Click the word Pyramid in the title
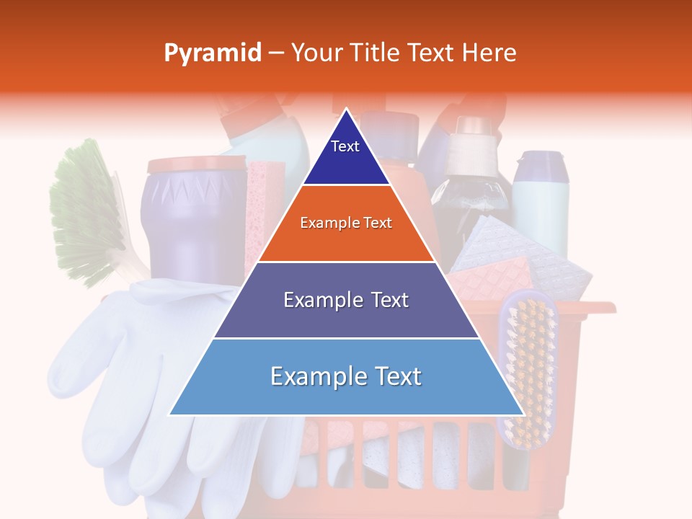[x=213, y=53]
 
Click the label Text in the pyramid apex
[x=345, y=146]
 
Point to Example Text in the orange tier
[x=346, y=223]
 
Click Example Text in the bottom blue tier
[x=346, y=376]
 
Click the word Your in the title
[x=316, y=53]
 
